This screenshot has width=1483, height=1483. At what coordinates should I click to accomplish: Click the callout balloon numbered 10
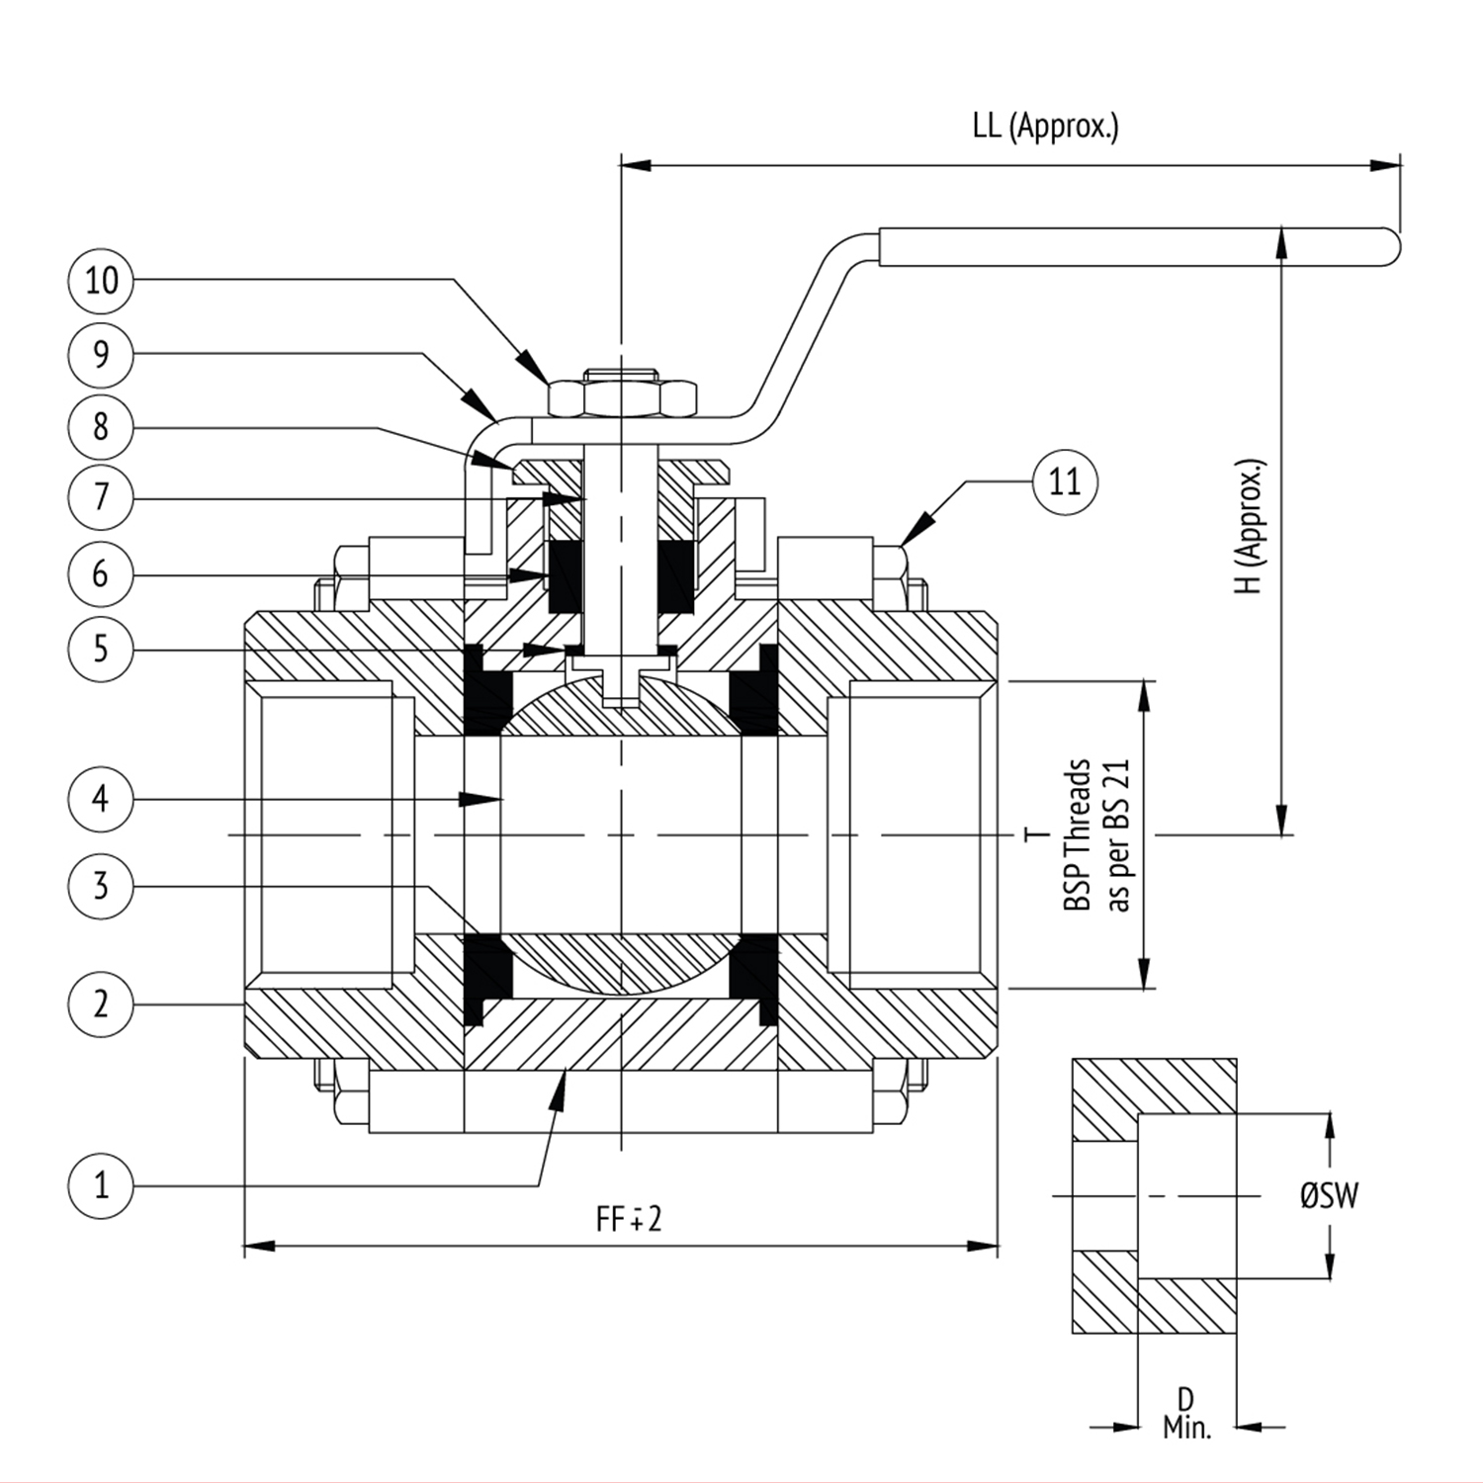click(x=101, y=281)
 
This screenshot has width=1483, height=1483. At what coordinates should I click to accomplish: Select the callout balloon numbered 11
click(x=1065, y=482)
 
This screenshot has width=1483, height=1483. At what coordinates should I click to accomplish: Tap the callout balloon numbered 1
click(x=101, y=1184)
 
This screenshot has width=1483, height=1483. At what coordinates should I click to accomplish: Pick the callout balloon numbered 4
click(x=101, y=799)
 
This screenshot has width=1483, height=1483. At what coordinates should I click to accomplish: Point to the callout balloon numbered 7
click(x=101, y=496)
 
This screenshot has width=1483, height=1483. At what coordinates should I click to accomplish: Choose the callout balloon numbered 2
click(x=101, y=1004)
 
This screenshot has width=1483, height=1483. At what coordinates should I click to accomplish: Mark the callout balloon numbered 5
click(x=101, y=650)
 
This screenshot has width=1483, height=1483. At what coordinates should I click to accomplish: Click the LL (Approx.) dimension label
click(x=1046, y=128)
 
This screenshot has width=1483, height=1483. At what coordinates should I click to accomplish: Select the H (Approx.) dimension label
click(x=1252, y=525)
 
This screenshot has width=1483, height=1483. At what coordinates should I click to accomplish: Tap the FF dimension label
click(x=628, y=1219)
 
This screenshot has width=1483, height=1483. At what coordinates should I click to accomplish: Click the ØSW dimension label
click(x=1330, y=1196)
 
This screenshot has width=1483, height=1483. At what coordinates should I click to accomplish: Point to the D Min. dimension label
click(x=1186, y=1413)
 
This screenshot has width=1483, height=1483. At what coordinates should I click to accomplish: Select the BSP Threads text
click(x=1078, y=835)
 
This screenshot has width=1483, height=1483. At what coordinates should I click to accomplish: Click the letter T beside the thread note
click(x=1036, y=835)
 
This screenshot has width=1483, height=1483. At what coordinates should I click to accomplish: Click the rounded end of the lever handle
click(x=1390, y=247)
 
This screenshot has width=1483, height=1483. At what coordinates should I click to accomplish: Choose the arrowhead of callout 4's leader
click(x=483, y=799)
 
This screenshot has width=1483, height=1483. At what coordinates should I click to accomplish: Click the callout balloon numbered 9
click(x=101, y=354)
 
